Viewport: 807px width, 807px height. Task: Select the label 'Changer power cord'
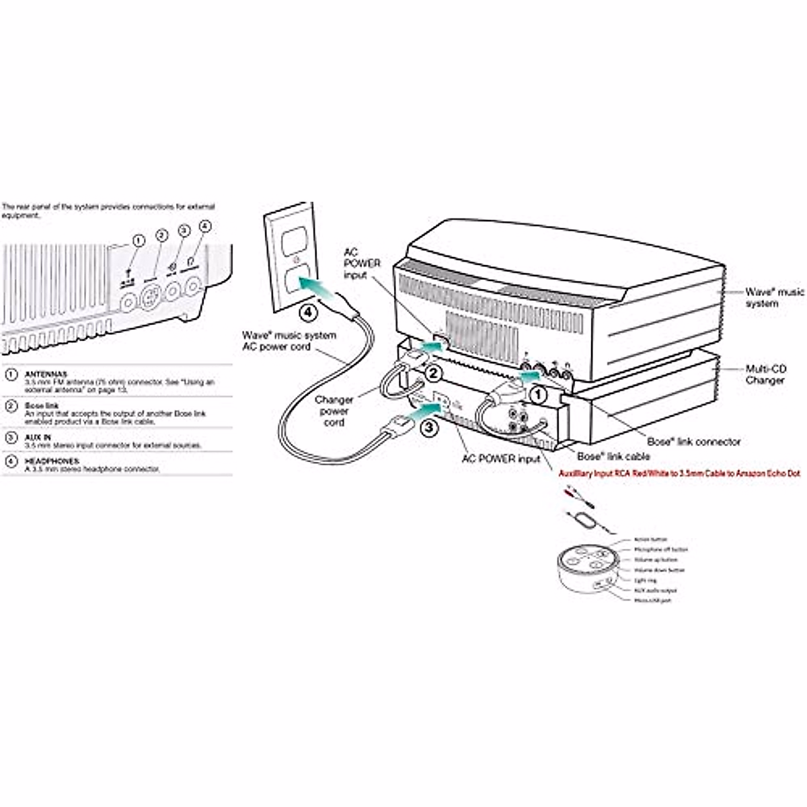(334, 411)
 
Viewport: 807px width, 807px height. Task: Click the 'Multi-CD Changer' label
(765, 375)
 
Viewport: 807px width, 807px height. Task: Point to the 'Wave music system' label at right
(773, 297)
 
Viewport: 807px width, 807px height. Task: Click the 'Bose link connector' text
(693, 442)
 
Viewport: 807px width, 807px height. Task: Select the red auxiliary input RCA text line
(679, 473)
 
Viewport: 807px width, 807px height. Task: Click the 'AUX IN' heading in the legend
(38, 437)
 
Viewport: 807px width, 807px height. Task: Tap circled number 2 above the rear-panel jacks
(161, 235)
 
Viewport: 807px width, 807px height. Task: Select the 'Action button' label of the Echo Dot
(650, 540)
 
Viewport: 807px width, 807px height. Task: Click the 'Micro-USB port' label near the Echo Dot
(652, 600)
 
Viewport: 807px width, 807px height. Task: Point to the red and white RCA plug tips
(577, 494)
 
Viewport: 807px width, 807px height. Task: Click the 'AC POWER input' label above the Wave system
(362, 263)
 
